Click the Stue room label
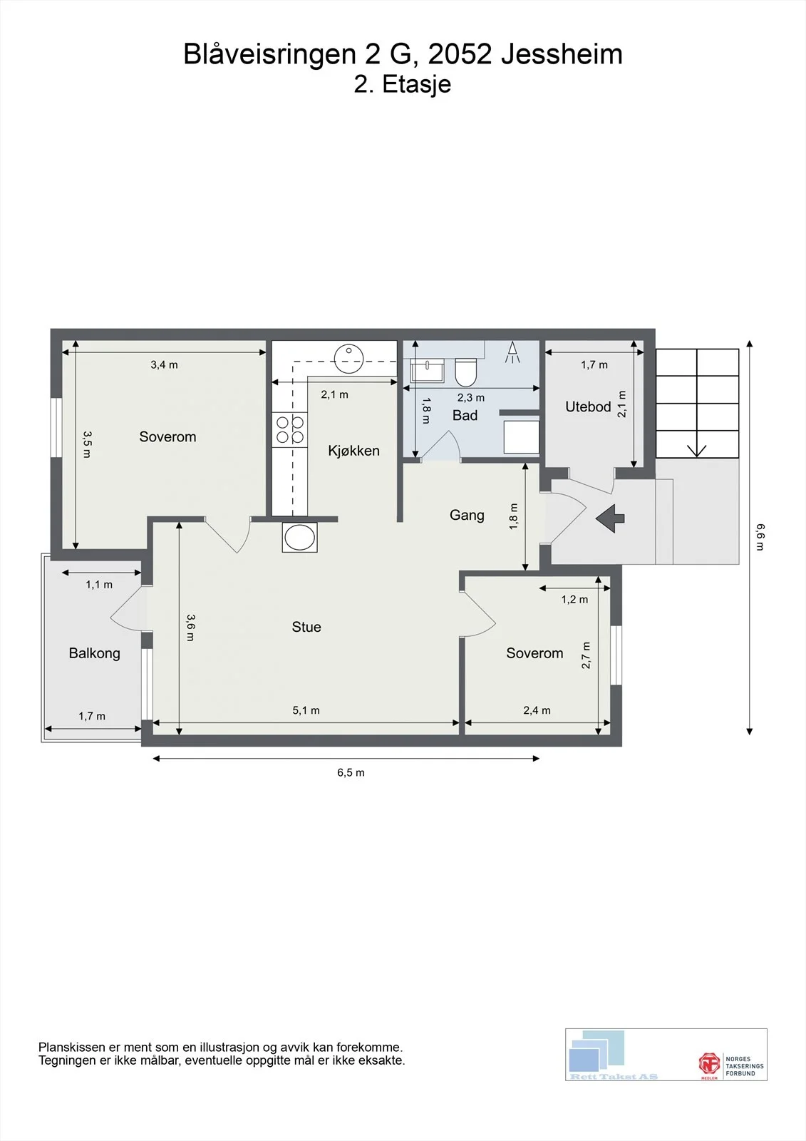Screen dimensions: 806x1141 click(x=306, y=627)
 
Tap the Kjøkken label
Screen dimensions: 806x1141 click(x=353, y=451)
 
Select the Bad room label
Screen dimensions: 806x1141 click(x=465, y=415)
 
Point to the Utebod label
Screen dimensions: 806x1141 click(x=588, y=406)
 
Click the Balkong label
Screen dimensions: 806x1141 click(x=94, y=653)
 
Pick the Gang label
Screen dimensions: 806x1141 click(x=467, y=515)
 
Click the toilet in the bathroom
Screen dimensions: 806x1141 click(x=465, y=372)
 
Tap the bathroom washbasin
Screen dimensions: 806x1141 click(x=427, y=370)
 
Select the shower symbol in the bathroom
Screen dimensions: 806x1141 click(x=512, y=352)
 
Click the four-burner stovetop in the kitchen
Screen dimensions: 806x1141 click(x=290, y=430)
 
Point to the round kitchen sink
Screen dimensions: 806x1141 click(x=348, y=359)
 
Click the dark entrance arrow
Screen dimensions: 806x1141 click(x=610, y=518)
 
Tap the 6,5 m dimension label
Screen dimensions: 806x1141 click(x=351, y=772)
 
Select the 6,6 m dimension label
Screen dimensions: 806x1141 click(x=760, y=537)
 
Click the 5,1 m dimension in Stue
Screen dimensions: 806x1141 click(x=306, y=710)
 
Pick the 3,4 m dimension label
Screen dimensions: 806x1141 click(x=164, y=364)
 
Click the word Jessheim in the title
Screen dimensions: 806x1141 click(x=562, y=54)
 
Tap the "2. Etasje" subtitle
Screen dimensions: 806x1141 click(x=402, y=85)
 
